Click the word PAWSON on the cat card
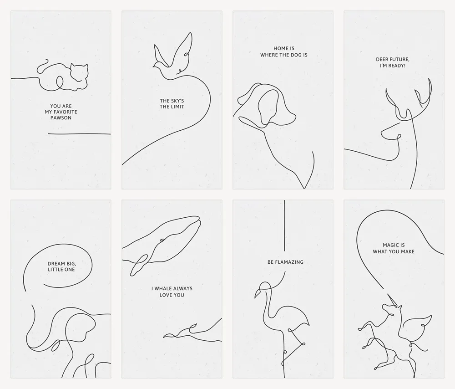pyautogui.click(x=61, y=118)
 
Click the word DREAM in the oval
pyautogui.click(x=56, y=264)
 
